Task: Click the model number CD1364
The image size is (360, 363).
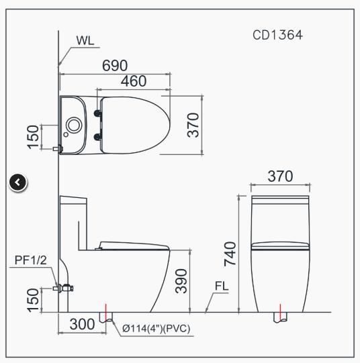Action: (277, 34)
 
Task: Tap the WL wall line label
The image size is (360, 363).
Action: (85, 40)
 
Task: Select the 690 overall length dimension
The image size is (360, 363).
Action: (116, 66)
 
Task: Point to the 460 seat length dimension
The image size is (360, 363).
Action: (134, 81)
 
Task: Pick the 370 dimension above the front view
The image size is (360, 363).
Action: (280, 176)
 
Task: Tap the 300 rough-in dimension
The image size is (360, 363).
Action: (81, 324)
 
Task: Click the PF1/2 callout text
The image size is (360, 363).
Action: (30, 260)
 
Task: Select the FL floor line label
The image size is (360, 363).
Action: (222, 287)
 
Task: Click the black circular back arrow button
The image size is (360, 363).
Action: (18, 181)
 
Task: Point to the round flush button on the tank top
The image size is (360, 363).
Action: (75, 124)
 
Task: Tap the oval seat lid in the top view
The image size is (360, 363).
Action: (134, 123)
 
